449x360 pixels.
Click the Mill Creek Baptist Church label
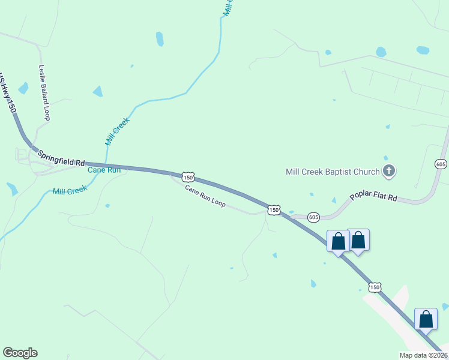(x=332, y=172)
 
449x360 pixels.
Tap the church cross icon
(x=389, y=172)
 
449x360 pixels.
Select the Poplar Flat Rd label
(x=375, y=197)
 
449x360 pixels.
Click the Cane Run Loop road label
(x=205, y=196)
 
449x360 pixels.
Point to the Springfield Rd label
(x=62, y=158)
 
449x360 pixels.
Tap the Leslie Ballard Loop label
(x=44, y=92)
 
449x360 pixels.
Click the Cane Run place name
(x=104, y=170)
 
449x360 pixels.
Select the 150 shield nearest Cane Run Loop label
(x=188, y=178)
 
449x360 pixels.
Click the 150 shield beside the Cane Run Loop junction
(x=274, y=210)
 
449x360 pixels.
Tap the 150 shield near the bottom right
(x=375, y=287)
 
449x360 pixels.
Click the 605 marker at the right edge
(x=441, y=164)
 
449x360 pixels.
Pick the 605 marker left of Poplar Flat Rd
(x=313, y=216)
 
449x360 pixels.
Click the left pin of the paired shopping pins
(x=338, y=241)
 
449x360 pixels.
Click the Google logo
(x=20, y=353)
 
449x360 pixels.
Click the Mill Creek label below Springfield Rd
(x=70, y=191)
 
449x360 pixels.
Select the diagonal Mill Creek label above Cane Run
(x=117, y=131)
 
